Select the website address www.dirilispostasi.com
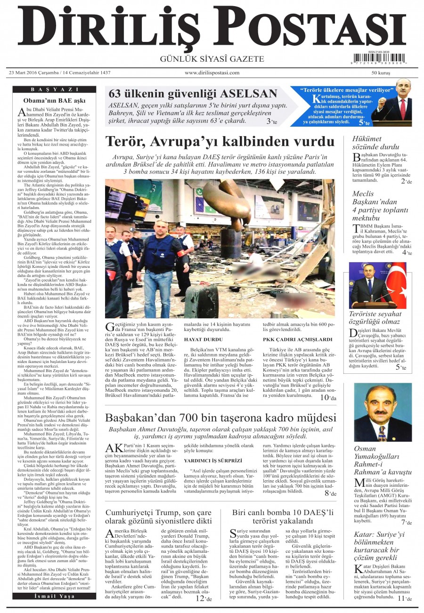[x=212, y=73]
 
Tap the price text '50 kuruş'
[x=381, y=73]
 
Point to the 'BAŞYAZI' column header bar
[x=55, y=89]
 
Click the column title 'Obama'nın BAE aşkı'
[x=55, y=100]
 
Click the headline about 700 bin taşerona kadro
[x=220, y=418]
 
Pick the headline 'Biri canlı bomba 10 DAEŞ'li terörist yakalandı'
[x=283, y=516]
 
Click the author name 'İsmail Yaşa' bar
[x=55, y=596]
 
